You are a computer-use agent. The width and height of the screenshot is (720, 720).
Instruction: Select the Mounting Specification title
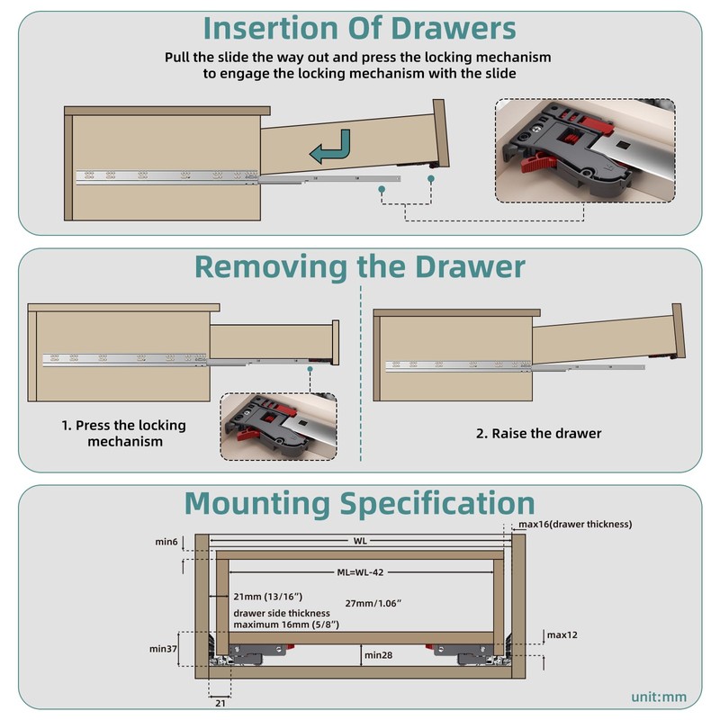coord(359,502)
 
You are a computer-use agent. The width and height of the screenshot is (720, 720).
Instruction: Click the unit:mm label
coord(658,696)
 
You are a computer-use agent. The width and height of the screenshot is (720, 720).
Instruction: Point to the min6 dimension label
coord(166,542)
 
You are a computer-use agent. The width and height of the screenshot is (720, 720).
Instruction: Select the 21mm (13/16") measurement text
coord(268,597)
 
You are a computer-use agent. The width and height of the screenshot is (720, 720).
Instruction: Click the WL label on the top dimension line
coord(361,541)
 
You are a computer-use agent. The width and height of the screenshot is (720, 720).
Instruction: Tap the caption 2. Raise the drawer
coord(538,433)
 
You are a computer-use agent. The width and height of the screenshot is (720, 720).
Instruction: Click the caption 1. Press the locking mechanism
coord(124,433)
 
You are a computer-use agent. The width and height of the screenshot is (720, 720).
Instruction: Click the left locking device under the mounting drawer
coord(257,652)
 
